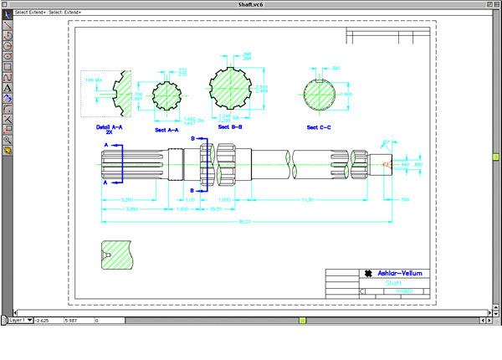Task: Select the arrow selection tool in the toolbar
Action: coord(7,15)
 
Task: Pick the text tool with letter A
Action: coord(7,87)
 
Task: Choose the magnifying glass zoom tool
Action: coord(7,140)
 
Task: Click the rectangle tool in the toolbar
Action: coord(7,66)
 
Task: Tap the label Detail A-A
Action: coord(109,129)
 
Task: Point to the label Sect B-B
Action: coord(229,127)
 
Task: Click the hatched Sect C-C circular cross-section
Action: coord(319,95)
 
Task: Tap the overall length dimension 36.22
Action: coord(245,221)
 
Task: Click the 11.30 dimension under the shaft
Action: coord(307,200)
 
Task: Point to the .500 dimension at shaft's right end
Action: coord(406,200)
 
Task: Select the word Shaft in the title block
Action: coord(393,283)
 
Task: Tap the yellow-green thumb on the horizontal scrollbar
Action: coord(302,320)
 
